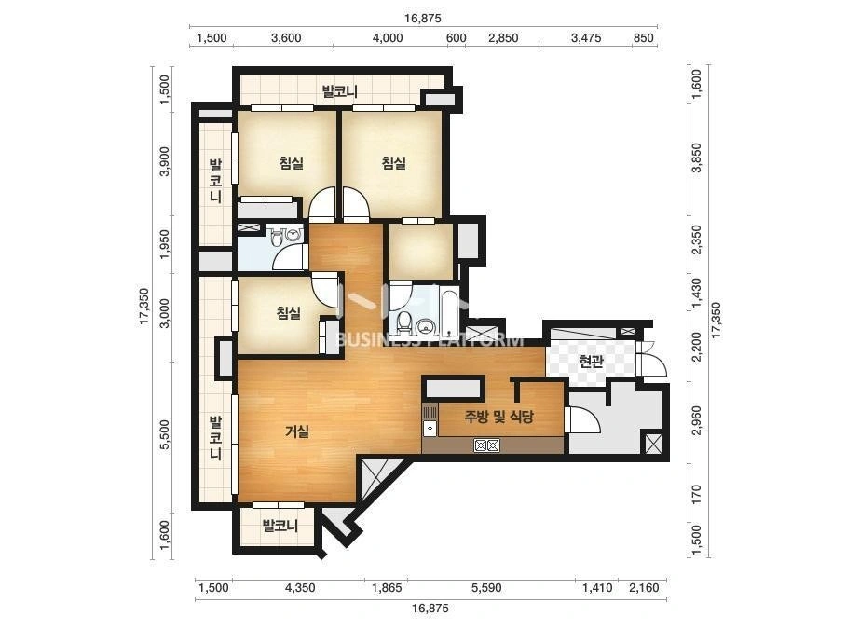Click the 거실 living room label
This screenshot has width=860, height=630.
click(x=296, y=431)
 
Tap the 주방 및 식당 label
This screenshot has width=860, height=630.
click(x=498, y=417)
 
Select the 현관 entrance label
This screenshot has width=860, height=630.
click(x=592, y=361)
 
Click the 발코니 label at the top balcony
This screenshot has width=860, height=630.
click(x=339, y=91)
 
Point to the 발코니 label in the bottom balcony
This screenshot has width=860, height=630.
click(x=280, y=526)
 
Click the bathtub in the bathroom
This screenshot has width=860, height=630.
click(x=449, y=312)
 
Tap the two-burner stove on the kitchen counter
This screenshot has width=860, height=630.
click(x=486, y=445)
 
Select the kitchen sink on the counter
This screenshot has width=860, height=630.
click(x=430, y=420)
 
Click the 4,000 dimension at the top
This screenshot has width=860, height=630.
click(x=388, y=38)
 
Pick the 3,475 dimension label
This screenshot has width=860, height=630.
click(x=586, y=38)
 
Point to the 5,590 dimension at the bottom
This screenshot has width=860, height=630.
click(x=486, y=588)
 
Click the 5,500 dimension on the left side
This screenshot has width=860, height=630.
click(x=164, y=434)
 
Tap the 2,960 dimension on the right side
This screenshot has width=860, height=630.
click(x=697, y=420)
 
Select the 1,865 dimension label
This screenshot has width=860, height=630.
click(x=387, y=588)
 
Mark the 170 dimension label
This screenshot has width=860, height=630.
click(x=697, y=495)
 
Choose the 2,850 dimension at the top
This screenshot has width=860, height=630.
click(x=503, y=38)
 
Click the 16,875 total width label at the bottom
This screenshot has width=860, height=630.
click(x=430, y=608)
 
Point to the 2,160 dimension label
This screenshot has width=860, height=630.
click(x=644, y=588)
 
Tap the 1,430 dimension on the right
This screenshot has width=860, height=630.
click(x=697, y=293)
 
